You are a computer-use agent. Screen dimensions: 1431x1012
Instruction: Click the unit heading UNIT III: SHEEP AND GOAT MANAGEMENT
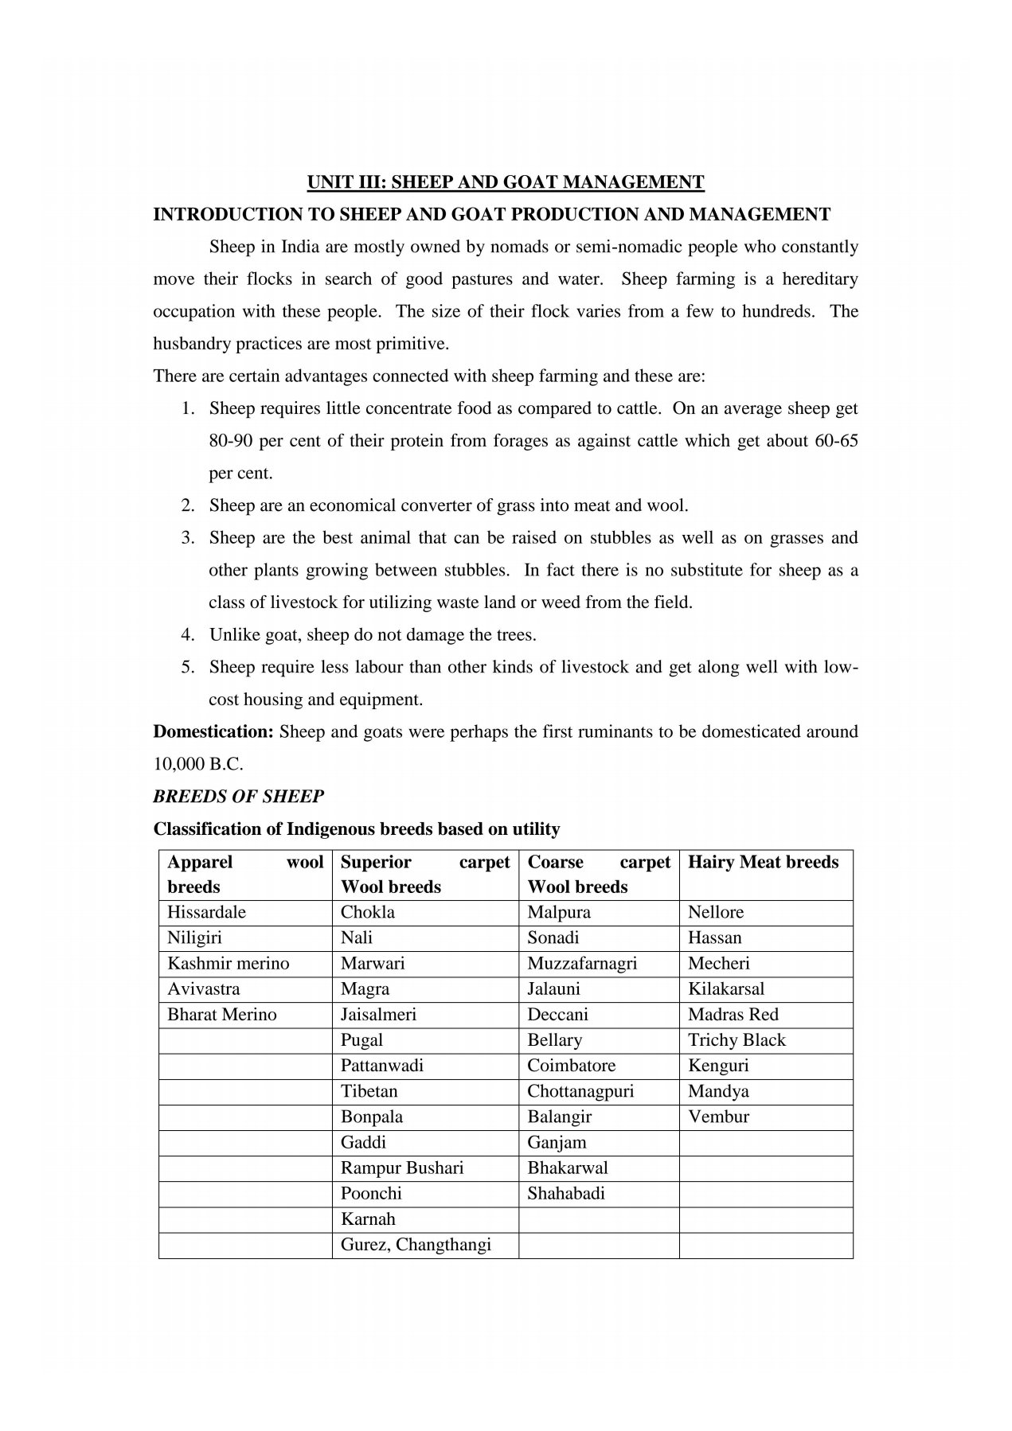506,182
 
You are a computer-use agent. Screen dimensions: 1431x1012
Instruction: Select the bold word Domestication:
213,731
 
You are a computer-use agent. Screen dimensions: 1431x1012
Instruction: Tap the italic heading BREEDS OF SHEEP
238,796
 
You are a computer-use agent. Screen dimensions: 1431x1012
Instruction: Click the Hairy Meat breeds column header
763,862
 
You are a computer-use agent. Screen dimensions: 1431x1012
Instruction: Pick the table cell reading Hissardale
206,912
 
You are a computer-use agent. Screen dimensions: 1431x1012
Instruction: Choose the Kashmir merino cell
228,963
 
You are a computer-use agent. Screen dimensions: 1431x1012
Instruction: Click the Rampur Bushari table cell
402,1168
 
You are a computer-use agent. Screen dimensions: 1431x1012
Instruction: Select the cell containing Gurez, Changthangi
416,1244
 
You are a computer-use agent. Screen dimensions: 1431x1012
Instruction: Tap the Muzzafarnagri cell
582,963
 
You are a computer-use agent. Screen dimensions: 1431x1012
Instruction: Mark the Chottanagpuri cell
580,1090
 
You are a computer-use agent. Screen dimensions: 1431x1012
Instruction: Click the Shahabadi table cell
566,1193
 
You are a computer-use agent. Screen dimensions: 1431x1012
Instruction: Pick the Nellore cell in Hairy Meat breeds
716,912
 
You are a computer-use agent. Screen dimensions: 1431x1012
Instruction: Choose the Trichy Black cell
737,1039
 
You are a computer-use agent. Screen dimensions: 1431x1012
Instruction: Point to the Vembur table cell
718,1116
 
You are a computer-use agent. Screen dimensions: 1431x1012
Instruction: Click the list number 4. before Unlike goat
188,634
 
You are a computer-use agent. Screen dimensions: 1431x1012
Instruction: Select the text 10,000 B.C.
198,764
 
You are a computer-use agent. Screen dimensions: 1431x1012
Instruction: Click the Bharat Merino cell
221,1014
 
